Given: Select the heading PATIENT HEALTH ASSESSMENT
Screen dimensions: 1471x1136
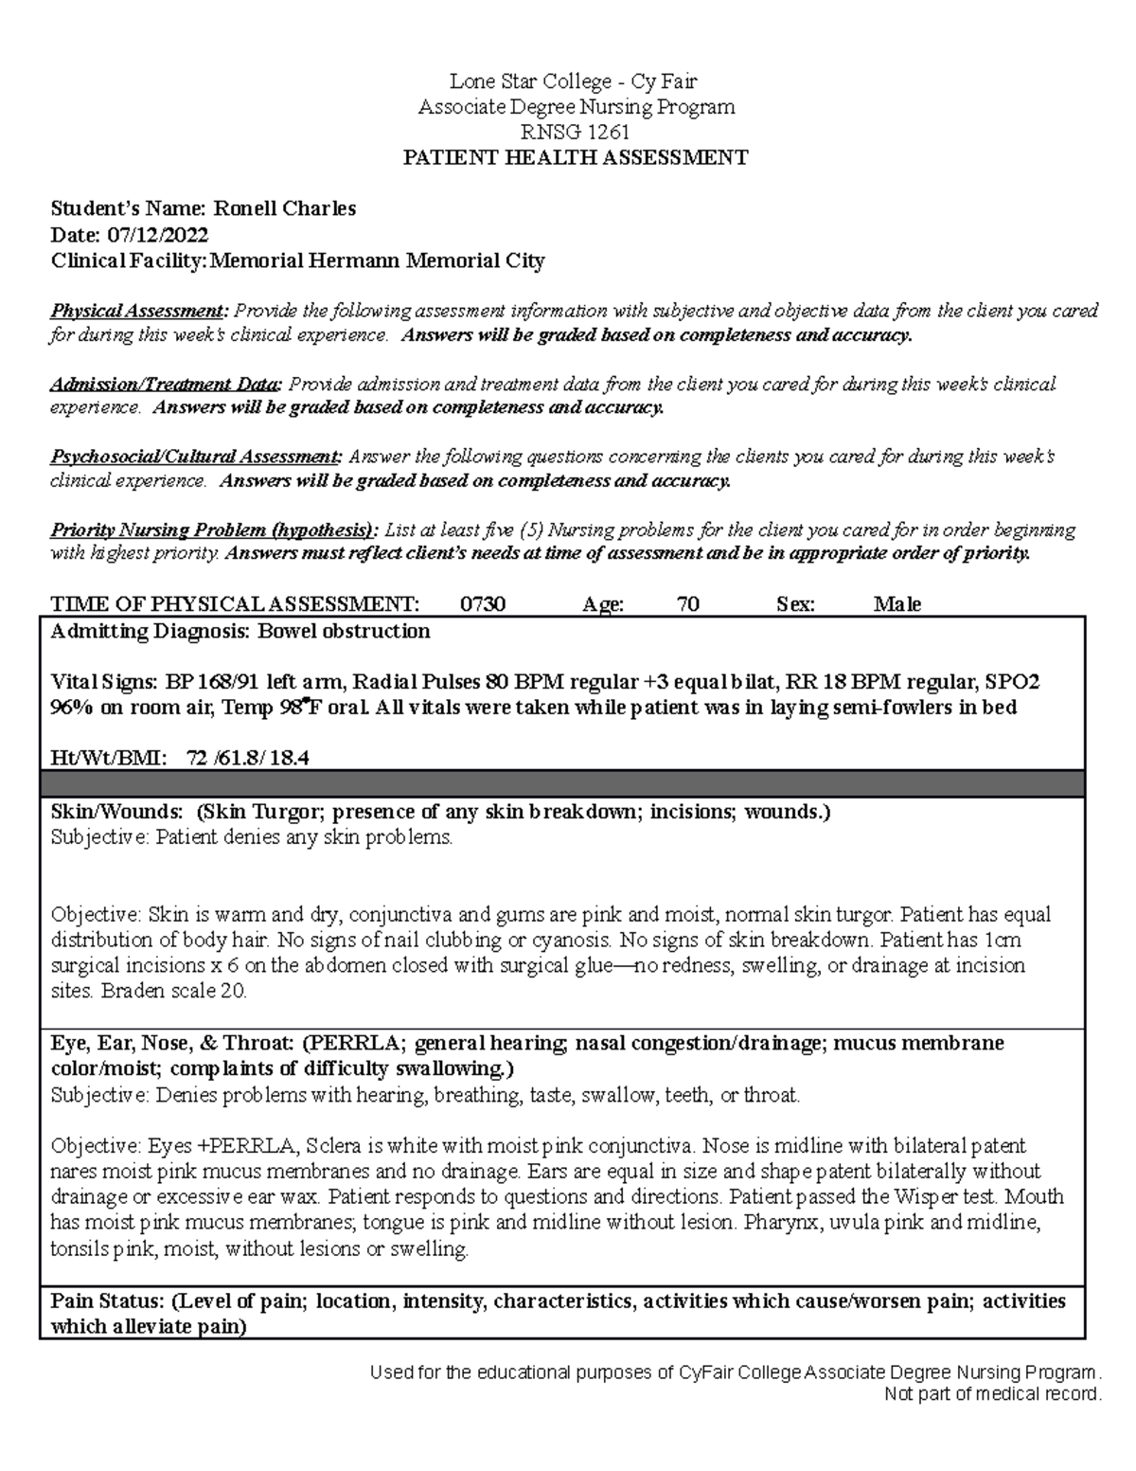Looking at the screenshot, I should coord(576,158).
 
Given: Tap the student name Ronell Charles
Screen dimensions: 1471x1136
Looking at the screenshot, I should coord(283,209).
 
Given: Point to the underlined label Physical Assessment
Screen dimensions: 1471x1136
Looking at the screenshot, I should coord(138,311).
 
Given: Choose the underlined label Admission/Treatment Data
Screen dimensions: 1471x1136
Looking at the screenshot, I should coord(165,385).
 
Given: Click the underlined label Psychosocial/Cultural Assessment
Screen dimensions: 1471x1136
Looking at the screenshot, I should coord(196,457).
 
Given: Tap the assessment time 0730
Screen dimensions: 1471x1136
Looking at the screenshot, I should coord(483,604).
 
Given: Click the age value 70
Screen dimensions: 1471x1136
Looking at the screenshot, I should coord(688,604).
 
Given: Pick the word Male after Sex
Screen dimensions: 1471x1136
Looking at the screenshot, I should coord(896,604).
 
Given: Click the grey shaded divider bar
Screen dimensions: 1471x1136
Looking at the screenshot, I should coord(562,783).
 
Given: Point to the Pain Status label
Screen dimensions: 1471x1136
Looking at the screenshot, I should coord(108,1301).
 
